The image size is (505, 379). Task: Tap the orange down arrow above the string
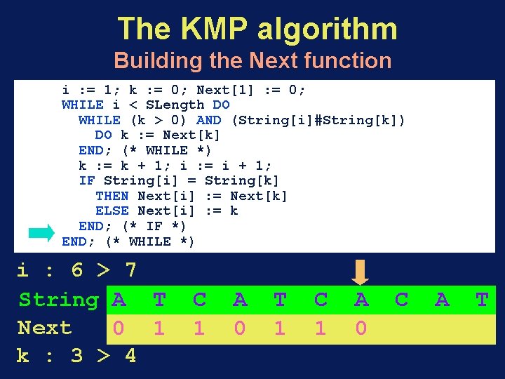pyautogui.click(x=361, y=272)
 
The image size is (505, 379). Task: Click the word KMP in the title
pyautogui.click(x=215, y=29)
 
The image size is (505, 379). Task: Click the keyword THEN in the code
pyautogui.click(x=112, y=196)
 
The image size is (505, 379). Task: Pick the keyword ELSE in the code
pyautogui.click(x=112, y=211)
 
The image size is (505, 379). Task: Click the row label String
pyautogui.click(x=58, y=300)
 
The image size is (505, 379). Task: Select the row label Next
pyautogui.click(x=44, y=328)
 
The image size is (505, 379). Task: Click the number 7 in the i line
pyautogui.click(x=130, y=270)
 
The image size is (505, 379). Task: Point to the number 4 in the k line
pyautogui.click(x=130, y=356)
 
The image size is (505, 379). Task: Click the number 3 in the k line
pyautogui.click(x=77, y=356)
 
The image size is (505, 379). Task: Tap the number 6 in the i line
pyautogui.click(x=77, y=270)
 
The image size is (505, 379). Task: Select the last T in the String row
pyautogui.click(x=482, y=300)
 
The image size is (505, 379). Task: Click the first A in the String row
pyautogui.click(x=119, y=300)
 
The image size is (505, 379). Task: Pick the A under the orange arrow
pyautogui.click(x=361, y=300)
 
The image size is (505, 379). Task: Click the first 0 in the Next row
pyautogui.click(x=119, y=328)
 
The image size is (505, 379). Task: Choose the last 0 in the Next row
pyautogui.click(x=361, y=328)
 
